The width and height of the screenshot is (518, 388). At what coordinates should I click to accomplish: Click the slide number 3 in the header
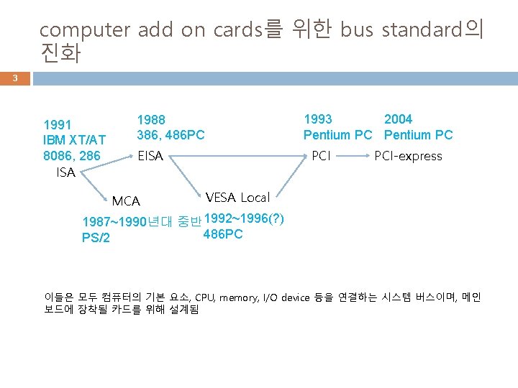point(14,78)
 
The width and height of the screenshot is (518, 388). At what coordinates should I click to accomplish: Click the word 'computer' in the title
point(83,30)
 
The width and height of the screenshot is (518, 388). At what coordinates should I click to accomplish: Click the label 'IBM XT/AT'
point(74,139)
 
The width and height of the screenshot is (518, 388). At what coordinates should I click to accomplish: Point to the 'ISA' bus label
point(65,172)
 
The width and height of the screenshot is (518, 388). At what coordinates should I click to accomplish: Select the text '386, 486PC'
point(171,135)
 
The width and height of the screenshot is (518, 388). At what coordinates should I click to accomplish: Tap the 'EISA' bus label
point(150,156)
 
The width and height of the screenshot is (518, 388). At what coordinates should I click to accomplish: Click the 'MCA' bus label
point(126,201)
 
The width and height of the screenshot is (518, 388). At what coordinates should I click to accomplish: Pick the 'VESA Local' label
point(237,197)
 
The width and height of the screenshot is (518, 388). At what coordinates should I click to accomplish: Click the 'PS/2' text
point(96,238)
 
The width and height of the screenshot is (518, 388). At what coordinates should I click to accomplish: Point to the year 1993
point(318,119)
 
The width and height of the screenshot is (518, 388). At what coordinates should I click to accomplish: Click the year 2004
point(398,119)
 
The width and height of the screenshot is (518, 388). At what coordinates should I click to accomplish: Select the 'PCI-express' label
point(408,156)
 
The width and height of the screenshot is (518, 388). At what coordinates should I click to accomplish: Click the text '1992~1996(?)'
point(245,218)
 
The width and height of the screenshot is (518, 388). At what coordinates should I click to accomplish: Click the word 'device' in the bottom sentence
point(295,297)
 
